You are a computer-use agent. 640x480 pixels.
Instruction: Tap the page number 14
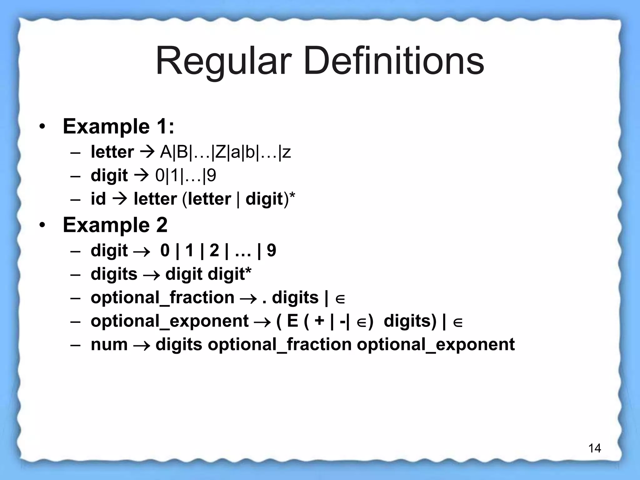tap(594, 448)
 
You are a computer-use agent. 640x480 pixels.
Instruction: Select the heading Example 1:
tap(118, 127)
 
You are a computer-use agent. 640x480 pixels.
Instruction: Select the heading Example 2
tap(115, 225)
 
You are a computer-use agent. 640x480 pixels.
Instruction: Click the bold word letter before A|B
tap(112, 152)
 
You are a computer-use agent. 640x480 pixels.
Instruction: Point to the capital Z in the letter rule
tap(221, 152)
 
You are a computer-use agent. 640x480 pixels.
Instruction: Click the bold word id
tap(98, 199)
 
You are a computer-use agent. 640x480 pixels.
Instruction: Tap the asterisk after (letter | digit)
tap(292, 196)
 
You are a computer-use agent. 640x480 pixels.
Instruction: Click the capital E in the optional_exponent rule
tap(292, 321)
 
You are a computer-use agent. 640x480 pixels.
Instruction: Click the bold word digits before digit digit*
tap(114, 274)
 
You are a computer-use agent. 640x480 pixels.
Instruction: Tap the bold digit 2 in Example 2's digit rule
tap(214, 251)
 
